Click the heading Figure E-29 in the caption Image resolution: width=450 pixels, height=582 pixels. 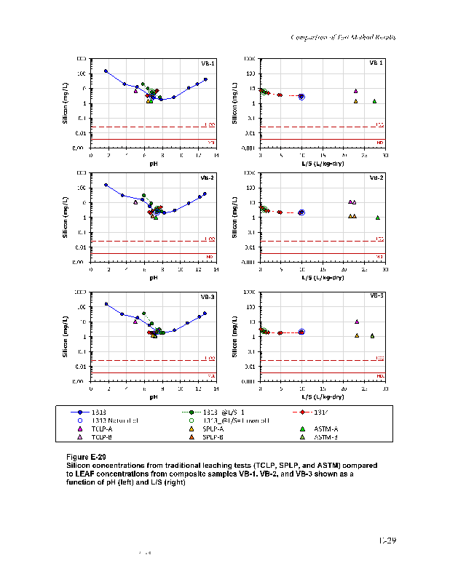(87, 456)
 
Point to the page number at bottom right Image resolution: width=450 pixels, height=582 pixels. (387, 541)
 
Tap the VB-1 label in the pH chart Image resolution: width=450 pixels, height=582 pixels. (208, 63)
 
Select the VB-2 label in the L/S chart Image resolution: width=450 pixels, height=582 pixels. (376, 178)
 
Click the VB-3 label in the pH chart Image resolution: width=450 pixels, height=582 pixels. (208, 297)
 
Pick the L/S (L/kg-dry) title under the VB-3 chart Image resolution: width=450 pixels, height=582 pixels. (323, 396)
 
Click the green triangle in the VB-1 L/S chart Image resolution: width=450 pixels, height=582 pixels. (374, 101)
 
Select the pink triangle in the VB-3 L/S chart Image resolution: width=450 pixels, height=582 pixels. (357, 322)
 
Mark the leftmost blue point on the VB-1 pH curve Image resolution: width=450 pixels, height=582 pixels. (106, 71)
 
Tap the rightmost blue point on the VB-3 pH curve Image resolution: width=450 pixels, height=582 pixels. (205, 314)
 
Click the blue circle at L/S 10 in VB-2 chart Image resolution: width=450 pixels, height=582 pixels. (301, 212)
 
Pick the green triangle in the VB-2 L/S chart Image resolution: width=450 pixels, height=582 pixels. (377, 218)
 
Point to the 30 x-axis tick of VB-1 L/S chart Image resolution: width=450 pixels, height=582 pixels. (385, 154)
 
